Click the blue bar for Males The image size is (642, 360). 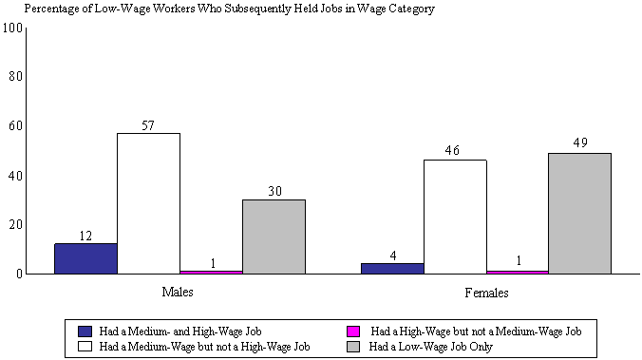(85, 258)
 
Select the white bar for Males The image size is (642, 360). (148, 203)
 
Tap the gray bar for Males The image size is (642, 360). (274, 237)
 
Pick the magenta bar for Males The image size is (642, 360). (211, 272)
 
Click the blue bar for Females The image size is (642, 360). (392, 268)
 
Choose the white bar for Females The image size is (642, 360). (455, 217)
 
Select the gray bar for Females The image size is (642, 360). (579, 213)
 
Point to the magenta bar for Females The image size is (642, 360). (518, 272)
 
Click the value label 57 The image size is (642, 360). (148, 125)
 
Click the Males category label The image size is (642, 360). (179, 293)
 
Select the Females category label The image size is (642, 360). (485, 293)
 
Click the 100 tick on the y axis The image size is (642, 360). (12, 27)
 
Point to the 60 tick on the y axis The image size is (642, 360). (15, 125)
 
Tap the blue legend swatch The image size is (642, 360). (85, 332)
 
